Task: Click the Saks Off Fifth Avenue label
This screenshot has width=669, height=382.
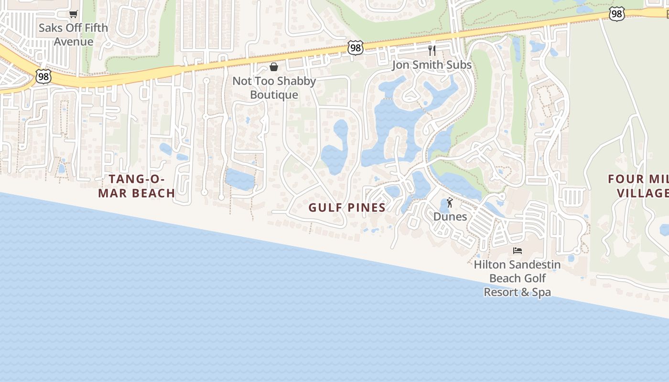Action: [x=73, y=34]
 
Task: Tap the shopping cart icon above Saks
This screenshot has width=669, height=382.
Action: [x=73, y=14]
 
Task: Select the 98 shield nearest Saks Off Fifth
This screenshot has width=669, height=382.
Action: [x=43, y=76]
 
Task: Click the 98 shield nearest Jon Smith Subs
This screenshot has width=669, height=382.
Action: [x=356, y=47]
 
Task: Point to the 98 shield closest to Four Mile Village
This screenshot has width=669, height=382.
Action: [x=616, y=14]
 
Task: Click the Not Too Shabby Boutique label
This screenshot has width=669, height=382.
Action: [x=274, y=88]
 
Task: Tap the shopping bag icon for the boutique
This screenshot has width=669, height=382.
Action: [x=274, y=67]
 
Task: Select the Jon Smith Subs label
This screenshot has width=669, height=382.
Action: [x=432, y=65]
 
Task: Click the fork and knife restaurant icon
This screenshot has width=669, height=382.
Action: [x=432, y=51]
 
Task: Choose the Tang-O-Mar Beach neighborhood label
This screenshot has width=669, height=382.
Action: [x=137, y=186]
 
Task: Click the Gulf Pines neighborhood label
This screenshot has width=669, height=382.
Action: [x=347, y=208]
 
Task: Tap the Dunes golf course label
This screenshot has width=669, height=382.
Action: [x=450, y=217]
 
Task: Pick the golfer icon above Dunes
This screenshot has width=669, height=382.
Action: [x=449, y=203]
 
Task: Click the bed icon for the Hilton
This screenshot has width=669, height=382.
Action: [x=517, y=251]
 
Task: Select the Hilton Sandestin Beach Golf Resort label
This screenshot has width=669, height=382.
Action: [x=518, y=278]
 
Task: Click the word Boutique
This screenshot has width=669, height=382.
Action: [x=274, y=95]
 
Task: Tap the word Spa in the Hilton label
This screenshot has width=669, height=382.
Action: [x=541, y=292]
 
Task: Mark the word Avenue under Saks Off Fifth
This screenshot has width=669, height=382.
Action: [x=73, y=42]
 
